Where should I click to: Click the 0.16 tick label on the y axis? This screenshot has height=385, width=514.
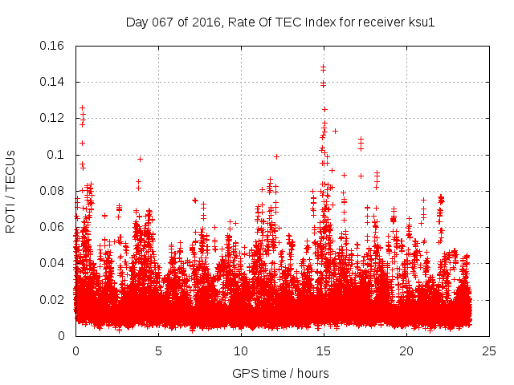coord(53,46)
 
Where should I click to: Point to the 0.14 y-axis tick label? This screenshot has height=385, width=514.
coord(53,82)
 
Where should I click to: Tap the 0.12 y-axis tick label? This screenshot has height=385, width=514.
coord(53,118)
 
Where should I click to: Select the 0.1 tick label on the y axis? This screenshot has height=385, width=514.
coord(57,155)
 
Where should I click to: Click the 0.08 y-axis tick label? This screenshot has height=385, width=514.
coord(53,191)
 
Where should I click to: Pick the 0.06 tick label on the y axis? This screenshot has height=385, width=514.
coord(53,227)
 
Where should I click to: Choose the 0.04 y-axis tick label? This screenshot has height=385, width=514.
coord(53,263)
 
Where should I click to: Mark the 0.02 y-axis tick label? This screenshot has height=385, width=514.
coord(53,300)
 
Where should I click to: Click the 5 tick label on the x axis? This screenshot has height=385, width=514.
coord(158,351)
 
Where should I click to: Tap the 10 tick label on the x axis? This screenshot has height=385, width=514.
coord(241,351)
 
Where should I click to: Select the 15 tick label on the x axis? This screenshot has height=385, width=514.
coord(324,351)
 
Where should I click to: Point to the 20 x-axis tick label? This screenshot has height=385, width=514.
coord(406,351)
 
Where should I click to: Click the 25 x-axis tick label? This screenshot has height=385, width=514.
coord(489,351)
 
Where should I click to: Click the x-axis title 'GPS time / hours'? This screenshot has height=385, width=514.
coord(280,373)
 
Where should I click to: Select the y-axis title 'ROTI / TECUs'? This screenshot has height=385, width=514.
coord(11,191)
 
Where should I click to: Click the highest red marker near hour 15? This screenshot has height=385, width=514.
coord(323,67)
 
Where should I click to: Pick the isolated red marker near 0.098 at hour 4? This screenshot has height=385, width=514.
coord(140,159)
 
